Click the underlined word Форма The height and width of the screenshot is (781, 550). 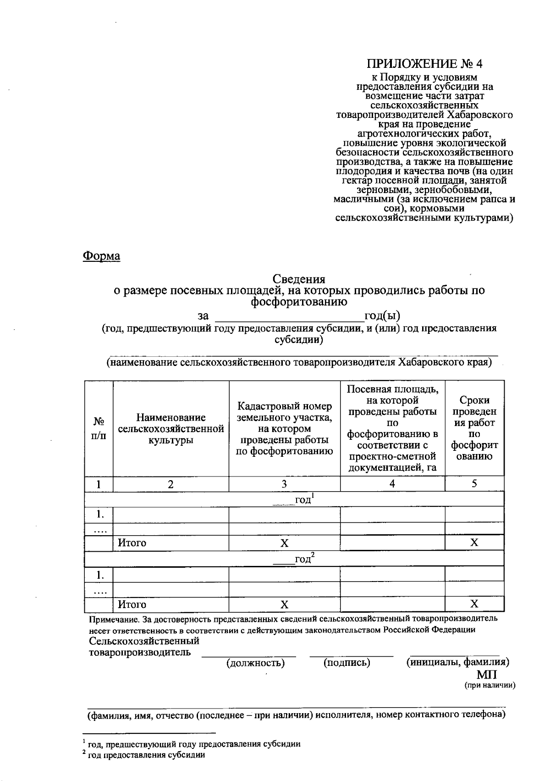[x=101, y=256]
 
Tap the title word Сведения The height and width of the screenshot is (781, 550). [x=299, y=279]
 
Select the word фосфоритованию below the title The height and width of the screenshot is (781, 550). [x=299, y=301]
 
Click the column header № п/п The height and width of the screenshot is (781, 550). [x=99, y=428]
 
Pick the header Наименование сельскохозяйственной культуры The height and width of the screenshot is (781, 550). [x=171, y=429]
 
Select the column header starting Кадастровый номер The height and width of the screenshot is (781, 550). [x=284, y=429]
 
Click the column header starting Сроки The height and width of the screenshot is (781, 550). [x=474, y=428]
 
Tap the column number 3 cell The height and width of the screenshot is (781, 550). [x=284, y=484]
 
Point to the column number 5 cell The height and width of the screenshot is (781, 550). [x=474, y=484]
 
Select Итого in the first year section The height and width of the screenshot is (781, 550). [x=132, y=543]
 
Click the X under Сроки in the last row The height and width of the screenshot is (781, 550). [x=474, y=604]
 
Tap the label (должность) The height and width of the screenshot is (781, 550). [x=256, y=663]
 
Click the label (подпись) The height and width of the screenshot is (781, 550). [x=347, y=663]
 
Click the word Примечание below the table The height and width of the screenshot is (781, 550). [x=114, y=619]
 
